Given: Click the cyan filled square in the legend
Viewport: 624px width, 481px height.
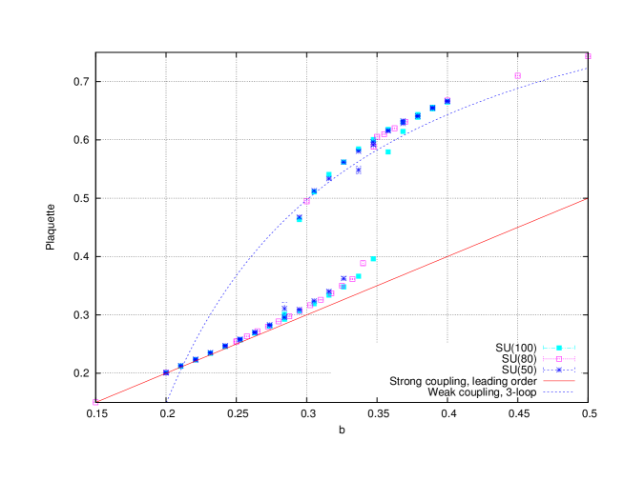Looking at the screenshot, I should (x=558, y=348).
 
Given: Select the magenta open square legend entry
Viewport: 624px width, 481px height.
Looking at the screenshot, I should (x=558, y=359).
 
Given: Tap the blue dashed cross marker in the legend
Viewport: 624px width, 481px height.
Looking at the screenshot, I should (x=558, y=370).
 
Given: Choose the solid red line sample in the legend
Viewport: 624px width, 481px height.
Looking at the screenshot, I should (x=558, y=381).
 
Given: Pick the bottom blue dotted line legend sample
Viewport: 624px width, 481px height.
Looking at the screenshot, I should (x=558, y=391).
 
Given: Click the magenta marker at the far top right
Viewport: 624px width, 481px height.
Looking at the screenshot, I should (x=588, y=56).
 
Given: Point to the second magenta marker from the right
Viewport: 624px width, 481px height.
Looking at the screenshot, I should (x=517, y=75).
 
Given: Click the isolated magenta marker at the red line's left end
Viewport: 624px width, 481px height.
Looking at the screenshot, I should (x=95, y=402).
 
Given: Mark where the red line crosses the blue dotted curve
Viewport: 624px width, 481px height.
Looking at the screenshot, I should (x=181, y=366).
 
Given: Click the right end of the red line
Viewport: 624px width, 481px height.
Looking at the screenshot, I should (x=586, y=199).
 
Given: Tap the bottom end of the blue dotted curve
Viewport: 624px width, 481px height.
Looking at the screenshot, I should (x=167, y=401).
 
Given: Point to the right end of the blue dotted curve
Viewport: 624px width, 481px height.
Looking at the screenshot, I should (x=587, y=68).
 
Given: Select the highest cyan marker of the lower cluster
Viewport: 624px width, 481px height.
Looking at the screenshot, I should (x=373, y=258).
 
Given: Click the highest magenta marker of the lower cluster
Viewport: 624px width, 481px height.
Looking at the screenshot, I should (x=363, y=263).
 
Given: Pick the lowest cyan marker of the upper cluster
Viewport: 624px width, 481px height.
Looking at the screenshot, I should (x=299, y=219).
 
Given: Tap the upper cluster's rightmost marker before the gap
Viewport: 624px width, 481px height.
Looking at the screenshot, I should (x=447, y=100).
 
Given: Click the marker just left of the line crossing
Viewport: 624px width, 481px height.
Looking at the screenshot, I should (x=166, y=372).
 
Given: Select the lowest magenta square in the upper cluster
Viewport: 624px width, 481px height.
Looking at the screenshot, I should (x=306, y=201).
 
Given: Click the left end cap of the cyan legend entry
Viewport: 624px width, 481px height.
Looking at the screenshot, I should (x=543, y=348).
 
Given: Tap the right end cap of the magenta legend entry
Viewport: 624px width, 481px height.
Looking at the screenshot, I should (x=574, y=359).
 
